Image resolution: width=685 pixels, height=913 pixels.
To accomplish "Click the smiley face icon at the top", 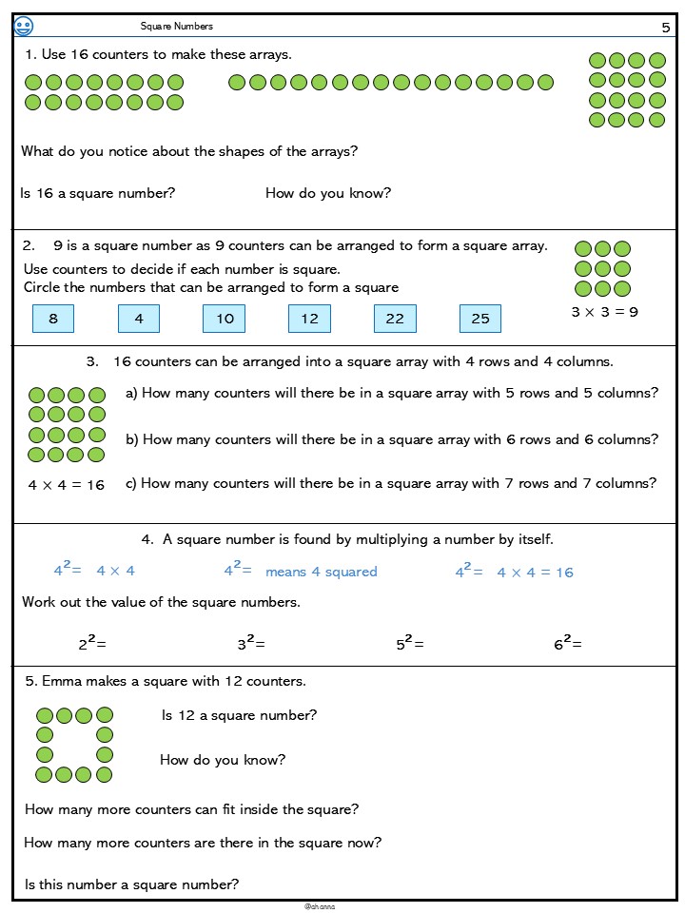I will (24, 26).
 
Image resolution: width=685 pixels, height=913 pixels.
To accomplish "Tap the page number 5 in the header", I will (666, 28).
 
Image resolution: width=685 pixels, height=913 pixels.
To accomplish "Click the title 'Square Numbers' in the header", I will (177, 27).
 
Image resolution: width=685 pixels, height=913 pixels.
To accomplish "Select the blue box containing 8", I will (53, 319).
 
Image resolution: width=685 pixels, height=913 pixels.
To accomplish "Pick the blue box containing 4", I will (139, 319).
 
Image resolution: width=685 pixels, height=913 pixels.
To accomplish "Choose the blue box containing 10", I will (225, 319).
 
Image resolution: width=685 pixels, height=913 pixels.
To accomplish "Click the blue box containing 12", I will (309, 319).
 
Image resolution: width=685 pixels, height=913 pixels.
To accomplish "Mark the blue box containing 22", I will (395, 319).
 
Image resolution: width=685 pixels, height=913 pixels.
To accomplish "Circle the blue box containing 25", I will (480, 319).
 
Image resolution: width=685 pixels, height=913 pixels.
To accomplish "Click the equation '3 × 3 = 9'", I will (604, 311).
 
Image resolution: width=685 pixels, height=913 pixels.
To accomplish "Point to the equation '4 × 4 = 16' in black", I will (67, 485).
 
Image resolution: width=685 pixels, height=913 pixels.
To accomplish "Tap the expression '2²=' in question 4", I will (92, 644).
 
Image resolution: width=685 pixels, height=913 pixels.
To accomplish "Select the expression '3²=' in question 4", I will (251, 644).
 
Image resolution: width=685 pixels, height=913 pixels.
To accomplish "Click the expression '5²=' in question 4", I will (410, 644).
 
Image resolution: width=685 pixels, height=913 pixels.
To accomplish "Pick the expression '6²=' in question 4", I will (568, 644).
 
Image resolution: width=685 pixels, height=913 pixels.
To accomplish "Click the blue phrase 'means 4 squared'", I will (322, 572).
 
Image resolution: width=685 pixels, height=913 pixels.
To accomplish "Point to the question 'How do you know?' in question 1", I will (328, 193).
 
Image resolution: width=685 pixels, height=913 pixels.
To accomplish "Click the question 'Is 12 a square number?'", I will (240, 715).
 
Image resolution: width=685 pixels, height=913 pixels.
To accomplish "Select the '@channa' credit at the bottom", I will (320, 906).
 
